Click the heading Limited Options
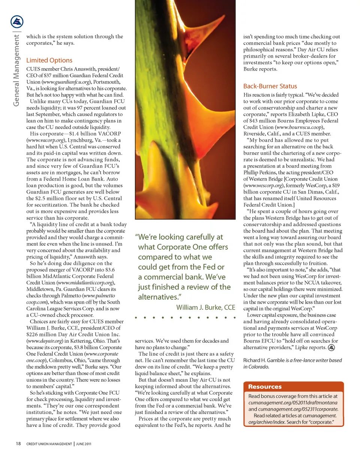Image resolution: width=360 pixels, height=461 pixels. (49, 60)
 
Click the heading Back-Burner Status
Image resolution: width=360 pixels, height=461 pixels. (270, 86)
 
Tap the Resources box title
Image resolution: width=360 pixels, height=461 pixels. (265, 387)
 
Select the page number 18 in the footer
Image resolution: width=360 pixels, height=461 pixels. (18, 444)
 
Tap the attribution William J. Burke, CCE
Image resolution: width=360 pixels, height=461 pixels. (205, 308)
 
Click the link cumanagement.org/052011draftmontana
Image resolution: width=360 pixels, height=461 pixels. (293, 402)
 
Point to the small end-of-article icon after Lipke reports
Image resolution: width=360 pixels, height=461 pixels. (331, 347)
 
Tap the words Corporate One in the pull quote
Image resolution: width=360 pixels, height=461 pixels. (202, 247)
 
